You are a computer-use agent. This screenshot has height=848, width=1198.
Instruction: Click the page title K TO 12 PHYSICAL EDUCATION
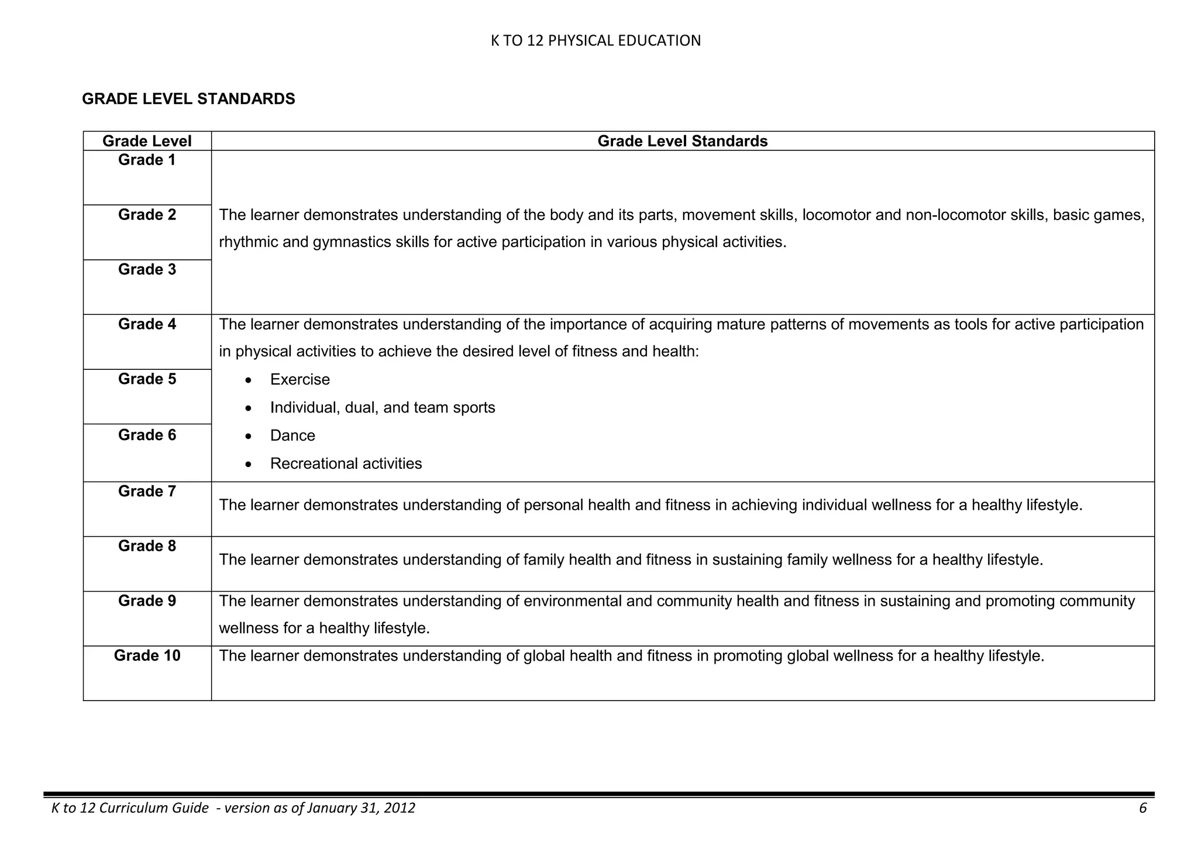tap(595, 40)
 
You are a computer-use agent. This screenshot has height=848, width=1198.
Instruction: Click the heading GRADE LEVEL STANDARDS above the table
tap(188, 99)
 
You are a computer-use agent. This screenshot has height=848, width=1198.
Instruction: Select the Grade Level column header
tap(147, 141)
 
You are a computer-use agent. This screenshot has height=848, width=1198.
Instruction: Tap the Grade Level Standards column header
tap(682, 141)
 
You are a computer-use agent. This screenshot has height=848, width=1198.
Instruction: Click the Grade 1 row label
tap(147, 160)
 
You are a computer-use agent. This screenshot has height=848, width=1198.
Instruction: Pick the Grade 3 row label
tap(147, 269)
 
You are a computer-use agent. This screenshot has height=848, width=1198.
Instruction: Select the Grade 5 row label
tap(147, 379)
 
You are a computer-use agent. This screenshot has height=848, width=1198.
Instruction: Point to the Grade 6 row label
tap(147, 435)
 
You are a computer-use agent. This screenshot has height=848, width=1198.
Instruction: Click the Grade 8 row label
tap(147, 546)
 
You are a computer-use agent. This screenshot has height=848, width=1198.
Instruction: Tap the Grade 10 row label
tap(147, 655)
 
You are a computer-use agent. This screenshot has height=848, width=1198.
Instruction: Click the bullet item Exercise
tap(299, 380)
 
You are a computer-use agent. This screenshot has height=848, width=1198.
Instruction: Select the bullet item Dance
tap(292, 436)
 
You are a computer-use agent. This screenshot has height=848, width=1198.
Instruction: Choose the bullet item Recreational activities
tap(346, 464)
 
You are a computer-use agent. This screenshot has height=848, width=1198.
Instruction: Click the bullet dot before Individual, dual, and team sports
tap(249, 408)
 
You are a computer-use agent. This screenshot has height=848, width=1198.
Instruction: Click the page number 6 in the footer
tap(1142, 808)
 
